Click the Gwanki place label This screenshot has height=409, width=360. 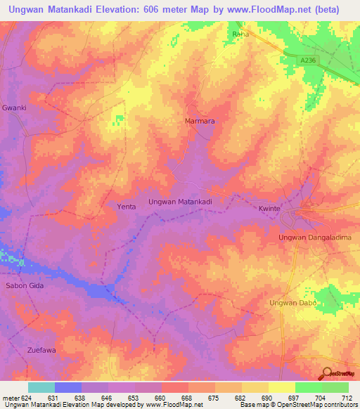tap(14, 109)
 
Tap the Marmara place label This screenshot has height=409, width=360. tap(199, 121)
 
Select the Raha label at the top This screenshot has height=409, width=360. tap(240, 33)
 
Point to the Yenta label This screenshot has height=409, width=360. tap(126, 207)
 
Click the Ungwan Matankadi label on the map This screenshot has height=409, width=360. tap(181, 202)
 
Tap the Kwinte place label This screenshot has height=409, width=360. tap(269, 209)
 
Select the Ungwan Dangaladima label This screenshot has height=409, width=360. tap(314, 238)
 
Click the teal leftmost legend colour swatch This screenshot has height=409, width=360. tap(41, 387)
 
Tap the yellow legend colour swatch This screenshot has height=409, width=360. tap(281, 387)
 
